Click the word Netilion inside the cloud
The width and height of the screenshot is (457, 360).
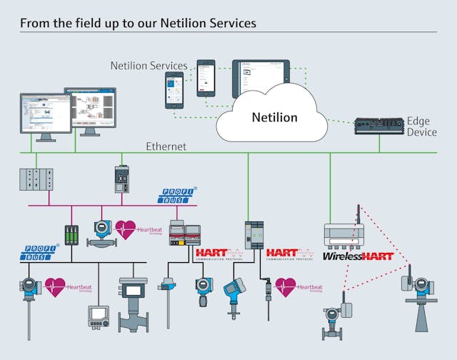pos(274,117)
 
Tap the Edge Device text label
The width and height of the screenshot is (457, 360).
pos(421,127)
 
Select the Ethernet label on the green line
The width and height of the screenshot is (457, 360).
pos(166,146)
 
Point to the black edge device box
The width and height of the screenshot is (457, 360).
pos(378,127)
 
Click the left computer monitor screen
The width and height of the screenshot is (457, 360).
pos(45,114)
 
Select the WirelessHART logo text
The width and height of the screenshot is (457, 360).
pos(358,256)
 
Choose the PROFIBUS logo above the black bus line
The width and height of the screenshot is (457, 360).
pos(40,251)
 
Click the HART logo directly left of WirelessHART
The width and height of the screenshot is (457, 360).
pos(290,254)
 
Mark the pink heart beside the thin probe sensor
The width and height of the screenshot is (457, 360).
pos(286,287)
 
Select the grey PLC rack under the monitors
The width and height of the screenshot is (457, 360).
pos(36,179)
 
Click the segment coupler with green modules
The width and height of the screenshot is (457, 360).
pos(71,235)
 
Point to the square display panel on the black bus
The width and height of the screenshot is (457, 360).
pos(98,316)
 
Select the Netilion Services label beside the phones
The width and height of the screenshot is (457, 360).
pos(149,66)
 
